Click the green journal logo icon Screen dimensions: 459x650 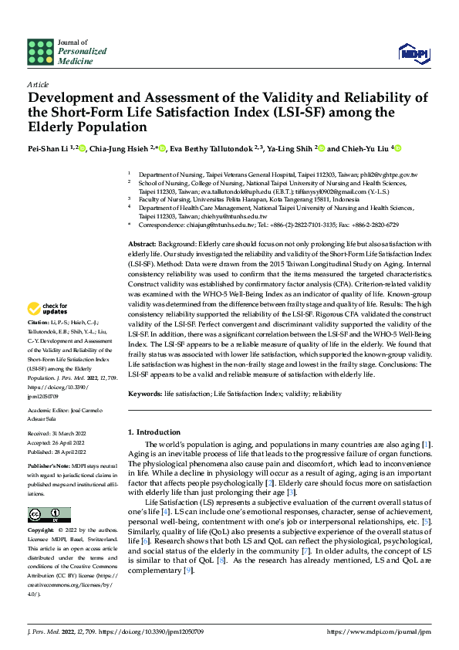click(39, 52)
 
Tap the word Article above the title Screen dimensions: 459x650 click(38, 83)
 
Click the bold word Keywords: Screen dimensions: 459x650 click(145, 394)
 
